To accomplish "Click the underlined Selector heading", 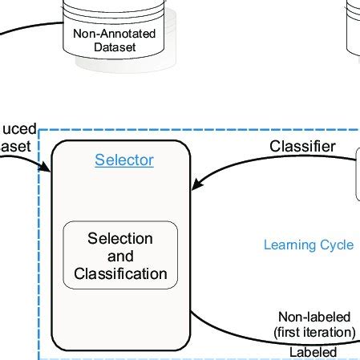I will [124, 160].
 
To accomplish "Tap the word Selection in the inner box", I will [120, 239].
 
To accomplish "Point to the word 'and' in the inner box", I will [120, 257].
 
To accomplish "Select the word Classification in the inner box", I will [120, 274].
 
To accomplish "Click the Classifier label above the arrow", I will [302, 147].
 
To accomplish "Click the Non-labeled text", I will [315, 318].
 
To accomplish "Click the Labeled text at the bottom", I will [313, 352].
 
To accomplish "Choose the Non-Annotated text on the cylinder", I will [114, 34].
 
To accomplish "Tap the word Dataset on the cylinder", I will [114, 47].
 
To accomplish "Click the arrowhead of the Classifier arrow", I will [195, 187].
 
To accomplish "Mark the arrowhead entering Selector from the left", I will [47, 168].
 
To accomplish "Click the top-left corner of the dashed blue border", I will [40, 129].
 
